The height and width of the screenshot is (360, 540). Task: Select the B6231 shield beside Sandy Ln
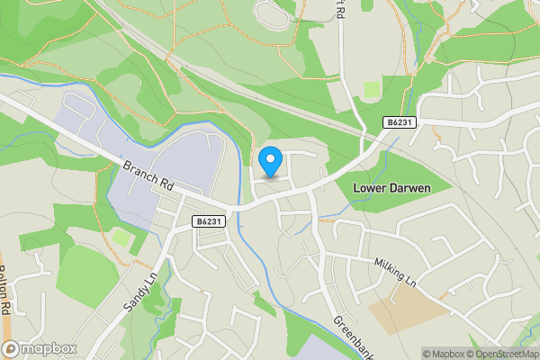pos(208,220)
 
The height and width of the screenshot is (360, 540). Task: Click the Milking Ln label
pos(396,271)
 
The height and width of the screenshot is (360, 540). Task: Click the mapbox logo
pos(40,348)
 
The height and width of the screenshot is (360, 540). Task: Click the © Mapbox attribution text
pos(443,354)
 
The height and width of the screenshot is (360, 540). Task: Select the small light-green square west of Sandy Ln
pos(120,238)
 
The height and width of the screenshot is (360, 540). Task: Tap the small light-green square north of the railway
pos(371,90)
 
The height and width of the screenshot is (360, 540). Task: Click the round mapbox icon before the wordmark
pos(11,348)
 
